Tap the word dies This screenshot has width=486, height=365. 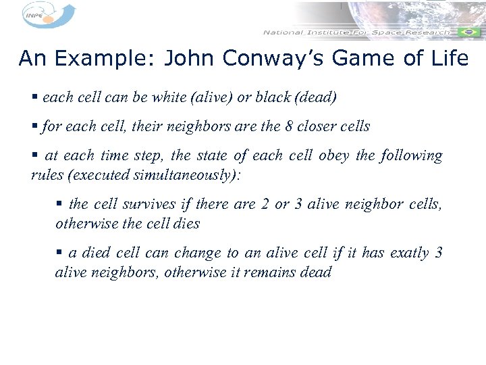[186, 224]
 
